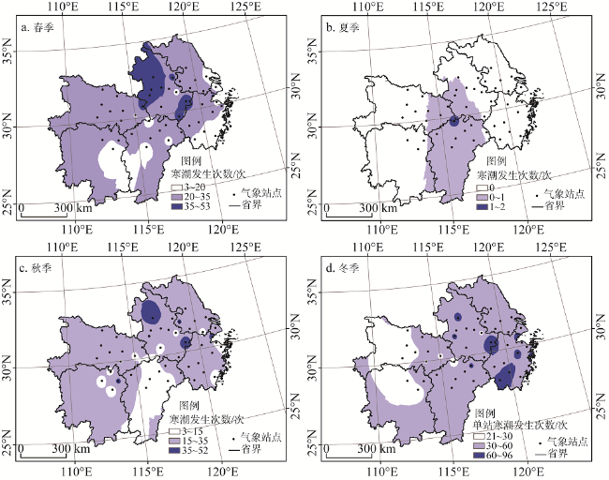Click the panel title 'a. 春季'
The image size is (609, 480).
point(40,27)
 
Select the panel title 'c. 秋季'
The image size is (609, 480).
point(40,267)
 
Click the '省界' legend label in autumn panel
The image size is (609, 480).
point(252,449)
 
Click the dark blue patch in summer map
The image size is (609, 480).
point(453,121)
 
